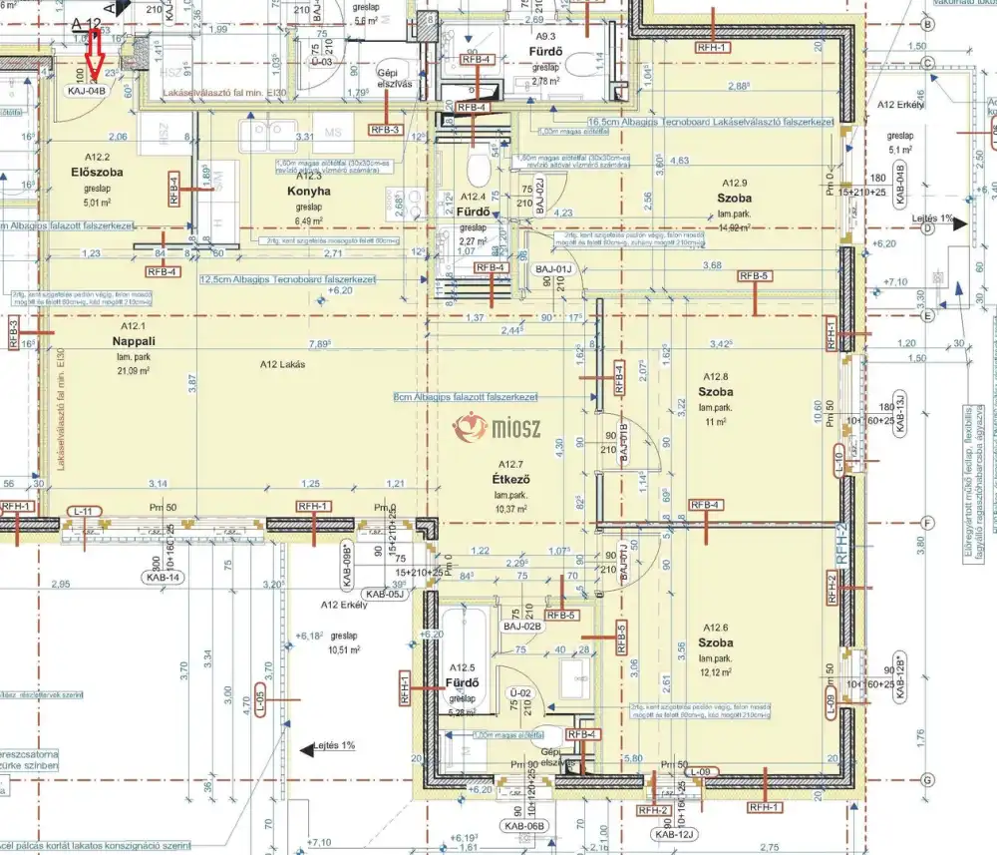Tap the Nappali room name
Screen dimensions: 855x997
pos(127,341)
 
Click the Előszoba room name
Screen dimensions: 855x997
pos(96,171)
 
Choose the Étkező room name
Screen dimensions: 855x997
pos(509,478)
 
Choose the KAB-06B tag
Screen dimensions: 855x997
pos(523,826)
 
